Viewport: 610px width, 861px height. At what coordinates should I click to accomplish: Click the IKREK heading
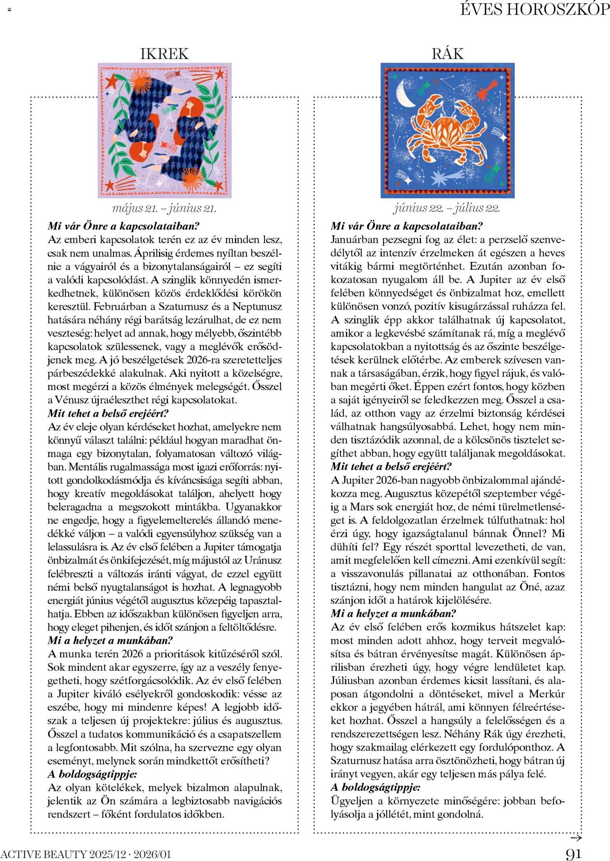pyautogui.click(x=165, y=53)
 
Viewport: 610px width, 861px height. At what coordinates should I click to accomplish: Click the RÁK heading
pyautogui.click(x=447, y=53)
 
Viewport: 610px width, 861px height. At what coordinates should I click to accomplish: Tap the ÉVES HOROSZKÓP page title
pyautogui.click(x=535, y=9)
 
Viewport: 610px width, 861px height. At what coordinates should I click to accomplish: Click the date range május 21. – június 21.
pyautogui.click(x=164, y=208)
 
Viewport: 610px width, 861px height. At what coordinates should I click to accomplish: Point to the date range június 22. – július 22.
pyautogui.click(x=447, y=208)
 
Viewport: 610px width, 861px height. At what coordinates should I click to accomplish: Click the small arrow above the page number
pyautogui.click(x=576, y=838)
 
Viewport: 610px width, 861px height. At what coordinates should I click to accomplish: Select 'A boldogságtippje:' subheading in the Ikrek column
pyautogui.click(x=92, y=774)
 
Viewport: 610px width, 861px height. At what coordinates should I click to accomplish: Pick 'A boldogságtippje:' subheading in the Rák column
pyautogui.click(x=375, y=787)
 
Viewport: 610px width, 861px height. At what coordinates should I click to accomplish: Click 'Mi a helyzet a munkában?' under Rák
pyautogui.click(x=393, y=614)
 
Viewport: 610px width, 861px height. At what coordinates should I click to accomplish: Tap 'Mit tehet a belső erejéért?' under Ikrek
pyautogui.click(x=108, y=414)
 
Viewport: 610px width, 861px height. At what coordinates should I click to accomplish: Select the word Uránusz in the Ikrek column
pyautogui.click(x=263, y=560)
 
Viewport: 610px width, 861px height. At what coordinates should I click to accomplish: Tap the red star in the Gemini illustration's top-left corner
pyautogui.click(x=111, y=81)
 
